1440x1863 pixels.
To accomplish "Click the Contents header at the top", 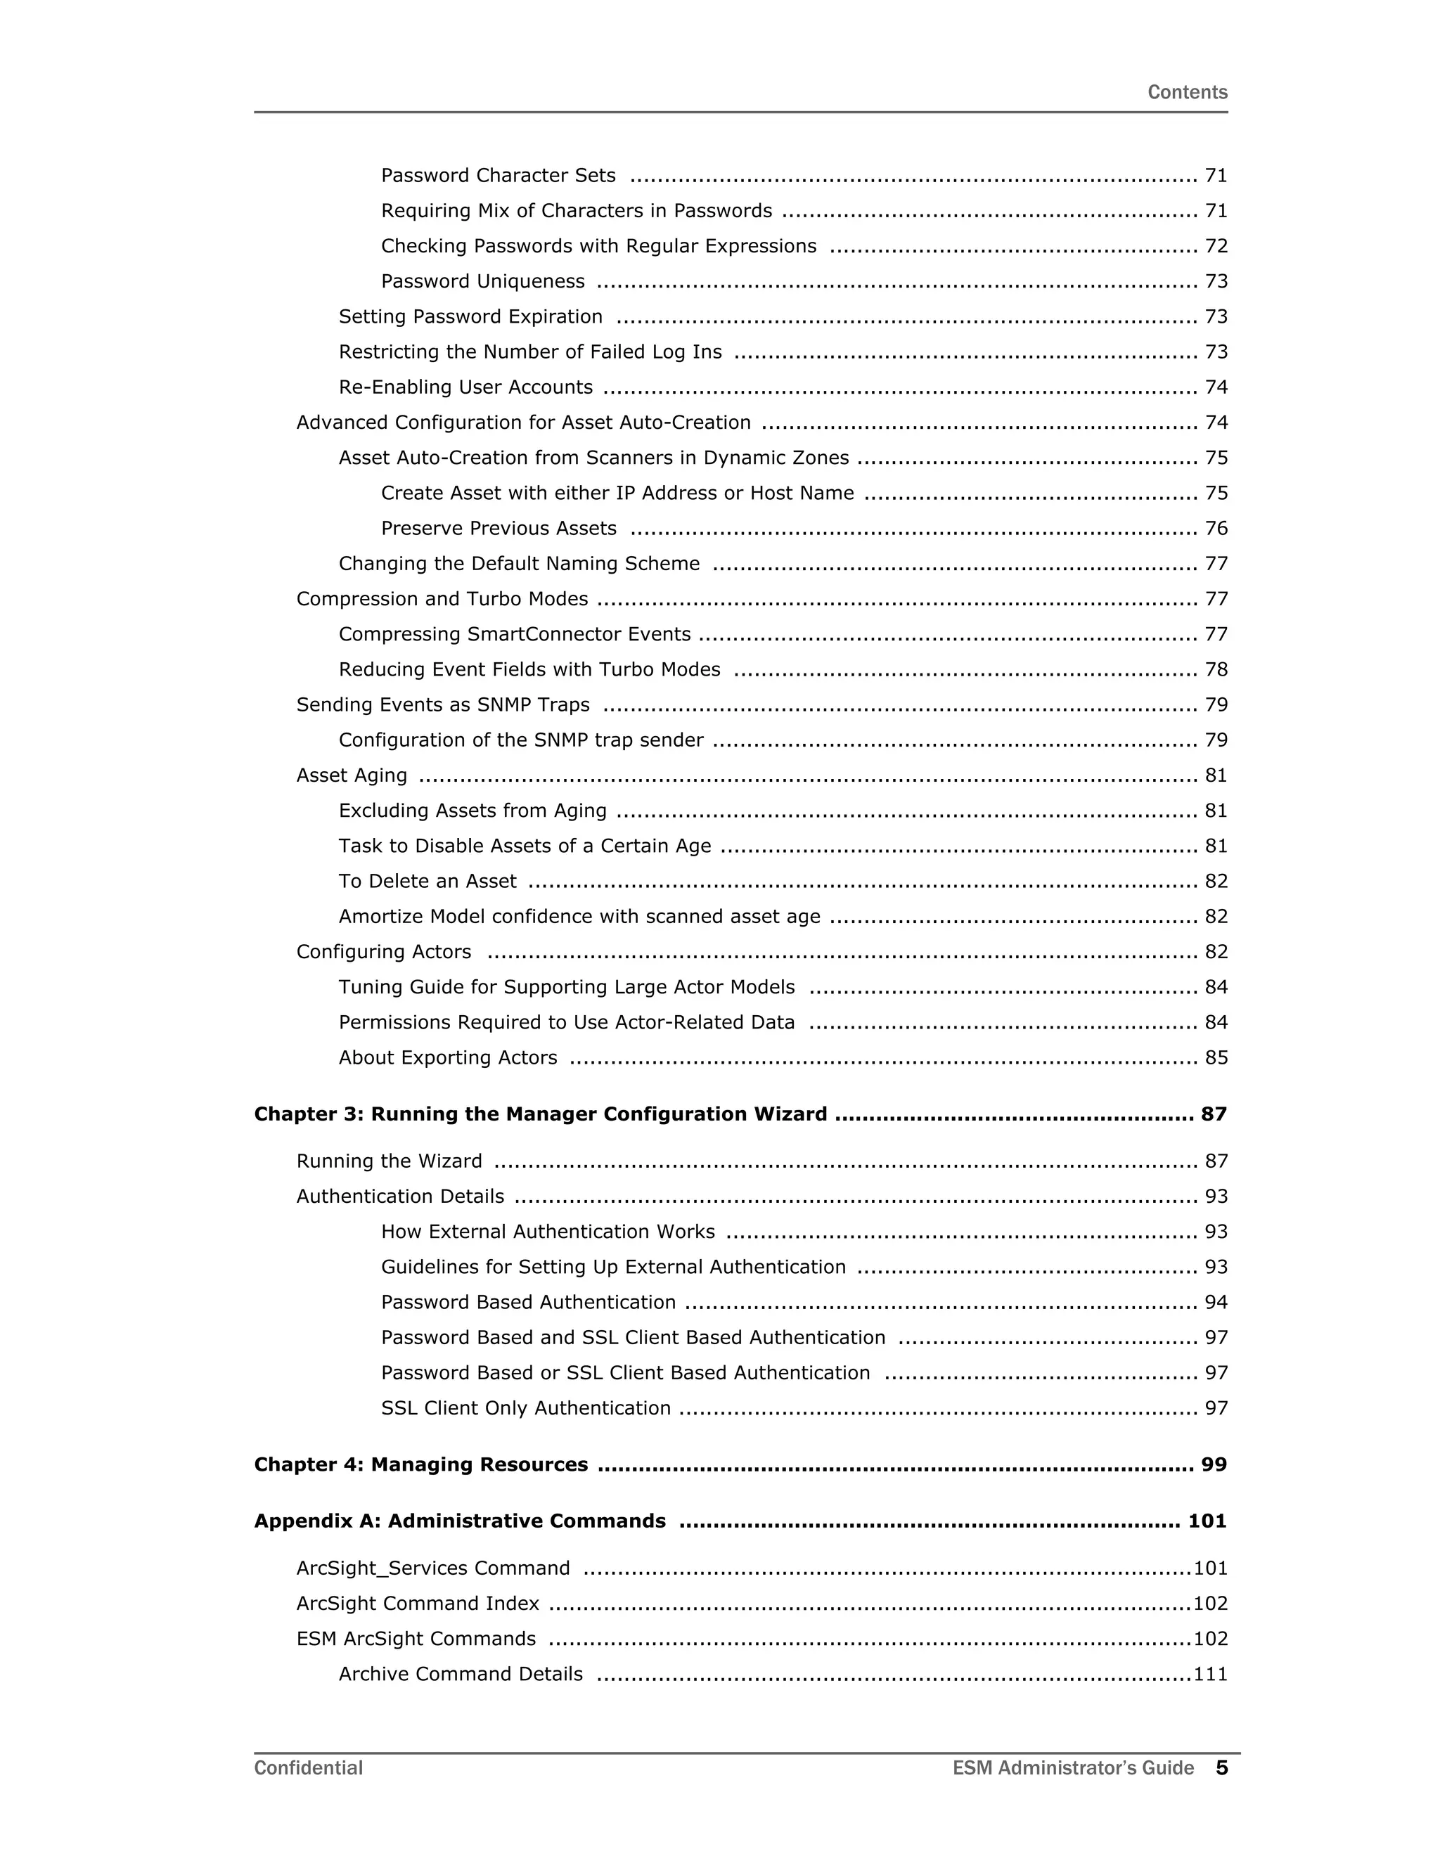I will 1187,92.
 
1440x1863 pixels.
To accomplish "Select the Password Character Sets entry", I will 499,176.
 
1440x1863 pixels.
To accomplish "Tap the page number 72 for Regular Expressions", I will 1216,247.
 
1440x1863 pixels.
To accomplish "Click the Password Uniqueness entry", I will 483,281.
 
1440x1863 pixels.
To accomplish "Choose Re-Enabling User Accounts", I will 465,387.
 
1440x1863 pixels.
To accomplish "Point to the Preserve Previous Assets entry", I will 499,529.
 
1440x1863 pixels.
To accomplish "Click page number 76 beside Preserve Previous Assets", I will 1216,529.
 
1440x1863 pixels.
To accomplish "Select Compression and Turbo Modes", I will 442,599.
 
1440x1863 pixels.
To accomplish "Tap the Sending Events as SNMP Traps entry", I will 443,705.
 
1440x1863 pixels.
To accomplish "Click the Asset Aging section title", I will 352,775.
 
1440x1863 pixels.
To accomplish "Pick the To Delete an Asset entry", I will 427,881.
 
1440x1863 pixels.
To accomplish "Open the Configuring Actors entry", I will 384,952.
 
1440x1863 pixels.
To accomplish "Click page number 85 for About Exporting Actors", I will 1216,1058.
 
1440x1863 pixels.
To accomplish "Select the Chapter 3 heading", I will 540,1114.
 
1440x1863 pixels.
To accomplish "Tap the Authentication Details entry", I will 400,1197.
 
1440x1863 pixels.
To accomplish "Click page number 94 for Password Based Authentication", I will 1216,1303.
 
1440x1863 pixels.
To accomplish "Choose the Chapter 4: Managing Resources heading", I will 420,1464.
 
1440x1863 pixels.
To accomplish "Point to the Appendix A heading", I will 460,1521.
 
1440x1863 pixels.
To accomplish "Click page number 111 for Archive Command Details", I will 1209,1674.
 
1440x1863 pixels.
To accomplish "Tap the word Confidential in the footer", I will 308,1768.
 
